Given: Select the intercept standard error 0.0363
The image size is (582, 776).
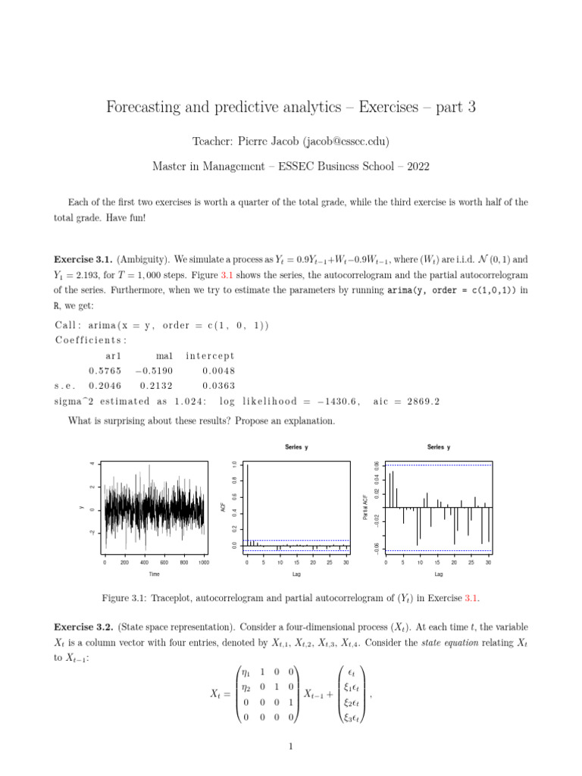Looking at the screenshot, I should (218, 386).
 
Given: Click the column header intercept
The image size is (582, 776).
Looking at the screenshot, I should (210, 355).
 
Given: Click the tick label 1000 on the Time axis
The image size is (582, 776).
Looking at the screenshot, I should (204, 562).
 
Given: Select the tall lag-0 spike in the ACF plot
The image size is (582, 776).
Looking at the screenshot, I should (247, 504).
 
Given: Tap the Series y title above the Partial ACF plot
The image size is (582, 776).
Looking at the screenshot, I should (438, 447).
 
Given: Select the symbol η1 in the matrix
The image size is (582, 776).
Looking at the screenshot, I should (244, 671).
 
